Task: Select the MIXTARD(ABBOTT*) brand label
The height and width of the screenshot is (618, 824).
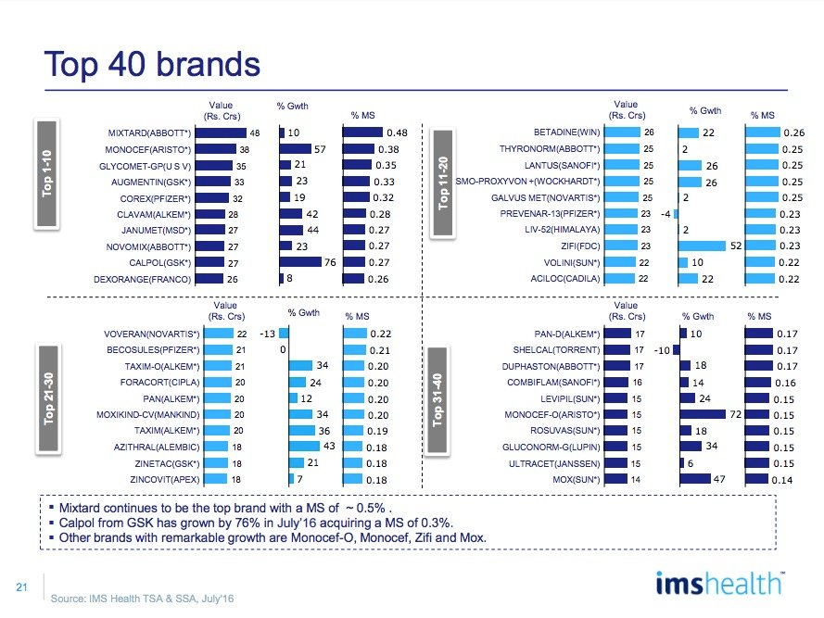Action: [x=148, y=133]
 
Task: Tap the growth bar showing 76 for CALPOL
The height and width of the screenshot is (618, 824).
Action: [x=300, y=263]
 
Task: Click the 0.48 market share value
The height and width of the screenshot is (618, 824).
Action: [x=398, y=132]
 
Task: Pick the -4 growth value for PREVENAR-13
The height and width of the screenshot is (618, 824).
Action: [x=666, y=213]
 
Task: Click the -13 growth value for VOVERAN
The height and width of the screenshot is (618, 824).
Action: [x=266, y=334]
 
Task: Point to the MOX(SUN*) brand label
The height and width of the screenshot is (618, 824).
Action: [x=574, y=480]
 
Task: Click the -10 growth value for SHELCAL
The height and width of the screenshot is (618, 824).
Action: [x=661, y=350]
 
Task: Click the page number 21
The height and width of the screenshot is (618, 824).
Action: [x=20, y=586]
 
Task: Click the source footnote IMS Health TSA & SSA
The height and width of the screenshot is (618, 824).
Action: [x=142, y=599]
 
